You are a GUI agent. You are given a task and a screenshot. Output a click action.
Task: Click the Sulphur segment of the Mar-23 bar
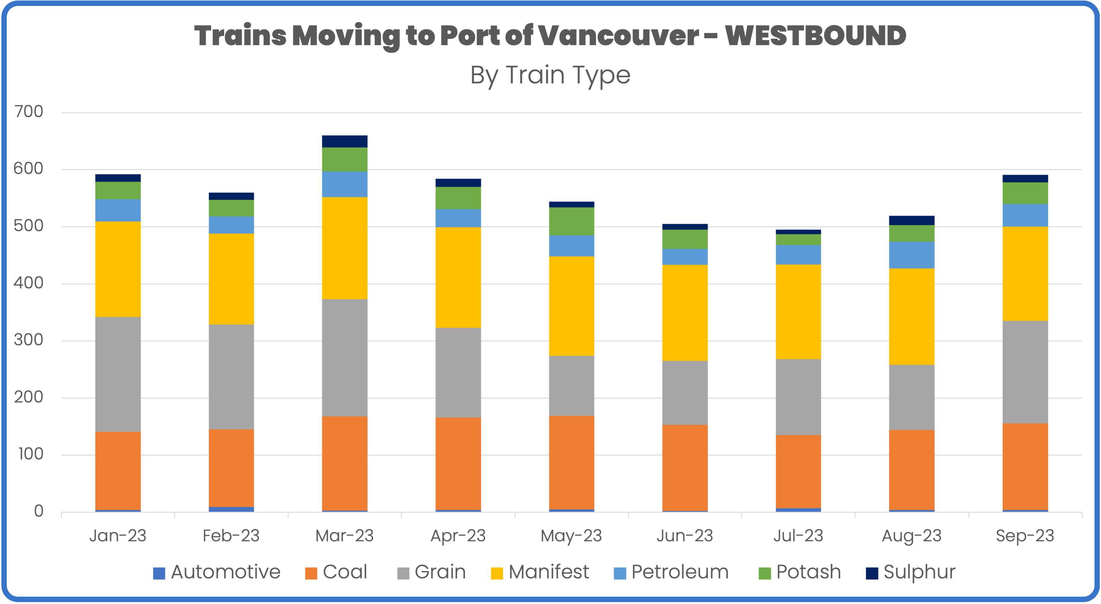click(344, 141)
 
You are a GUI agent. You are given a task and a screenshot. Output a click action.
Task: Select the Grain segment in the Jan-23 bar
click(118, 374)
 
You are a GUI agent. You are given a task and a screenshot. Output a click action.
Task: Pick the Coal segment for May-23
click(571, 462)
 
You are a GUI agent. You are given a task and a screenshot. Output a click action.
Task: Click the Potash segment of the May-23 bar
click(571, 221)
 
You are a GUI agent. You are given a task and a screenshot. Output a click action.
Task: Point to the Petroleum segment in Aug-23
click(912, 255)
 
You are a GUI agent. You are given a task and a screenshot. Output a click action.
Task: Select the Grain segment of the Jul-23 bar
click(798, 397)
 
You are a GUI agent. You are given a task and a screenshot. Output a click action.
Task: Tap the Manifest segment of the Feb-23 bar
click(231, 279)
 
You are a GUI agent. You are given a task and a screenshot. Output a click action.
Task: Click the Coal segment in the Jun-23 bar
click(685, 467)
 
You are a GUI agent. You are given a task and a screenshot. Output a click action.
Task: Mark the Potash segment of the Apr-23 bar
click(458, 198)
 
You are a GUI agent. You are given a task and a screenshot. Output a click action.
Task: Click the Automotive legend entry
click(217, 572)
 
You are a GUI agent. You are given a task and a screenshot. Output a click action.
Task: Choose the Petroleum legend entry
click(671, 572)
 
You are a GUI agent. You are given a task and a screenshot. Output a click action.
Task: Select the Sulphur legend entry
click(910, 572)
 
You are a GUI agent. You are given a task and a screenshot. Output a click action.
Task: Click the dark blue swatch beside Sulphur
click(872, 573)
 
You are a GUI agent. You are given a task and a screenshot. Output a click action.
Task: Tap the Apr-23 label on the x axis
click(458, 536)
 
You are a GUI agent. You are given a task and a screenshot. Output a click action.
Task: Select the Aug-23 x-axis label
click(912, 536)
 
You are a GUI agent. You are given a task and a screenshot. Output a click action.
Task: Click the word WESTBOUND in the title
click(815, 36)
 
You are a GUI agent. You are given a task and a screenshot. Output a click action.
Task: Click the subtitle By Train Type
click(550, 75)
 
